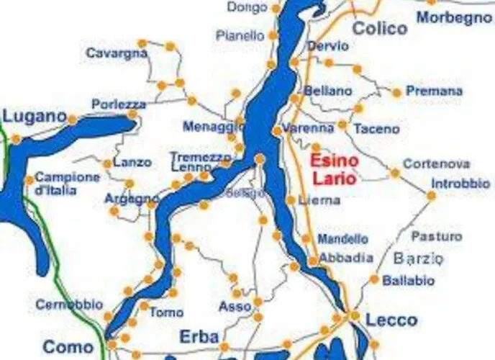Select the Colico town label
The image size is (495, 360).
tap(380, 29)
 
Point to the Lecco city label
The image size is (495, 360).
tap(391, 320)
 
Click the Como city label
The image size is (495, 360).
tap(68, 347)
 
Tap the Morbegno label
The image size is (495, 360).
tap(454, 17)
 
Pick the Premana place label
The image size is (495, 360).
tap(434, 91)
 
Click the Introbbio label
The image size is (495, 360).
tap(461, 184)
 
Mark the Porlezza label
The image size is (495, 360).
tap(119, 104)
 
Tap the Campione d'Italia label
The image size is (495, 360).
tap(67, 184)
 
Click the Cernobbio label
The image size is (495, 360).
tap(65, 305)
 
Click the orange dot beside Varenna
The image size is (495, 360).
tap(277, 130)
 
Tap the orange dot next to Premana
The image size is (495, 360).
tap(396, 92)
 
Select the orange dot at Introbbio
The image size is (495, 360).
tap(431, 195)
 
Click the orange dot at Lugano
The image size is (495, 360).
tap(72, 119)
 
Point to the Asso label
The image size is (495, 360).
tap(235, 307)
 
